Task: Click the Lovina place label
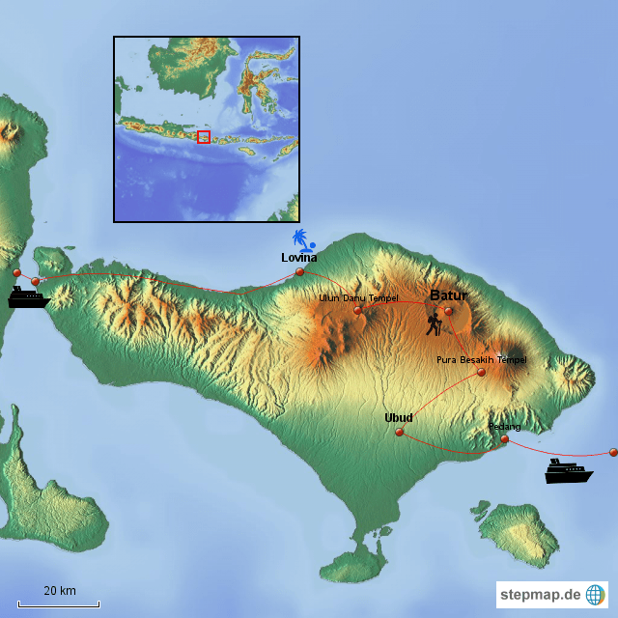click(x=298, y=258)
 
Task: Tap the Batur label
click(x=448, y=295)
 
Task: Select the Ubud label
click(x=398, y=417)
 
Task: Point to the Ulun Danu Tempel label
click(x=358, y=297)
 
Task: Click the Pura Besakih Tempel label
click(x=481, y=359)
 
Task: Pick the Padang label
click(x=504, y=426)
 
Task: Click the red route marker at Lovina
click(x=299, y=271)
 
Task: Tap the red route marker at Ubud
click(x=399, y=432)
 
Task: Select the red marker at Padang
click(x=504, y=439)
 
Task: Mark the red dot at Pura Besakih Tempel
click(x=481, y=372)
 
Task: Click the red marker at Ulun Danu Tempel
click(x=357, y=310)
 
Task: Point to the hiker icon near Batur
click(x=435, y=323)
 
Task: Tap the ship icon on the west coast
click(x=27, y=297)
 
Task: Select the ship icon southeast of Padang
click(x=568, y=471)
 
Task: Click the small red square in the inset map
click(x=203, y=137)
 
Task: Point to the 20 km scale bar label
click(x=59, y=591)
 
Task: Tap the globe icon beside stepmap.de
click(x=595, y=595)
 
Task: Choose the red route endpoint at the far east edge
click(x=613, y=451)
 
